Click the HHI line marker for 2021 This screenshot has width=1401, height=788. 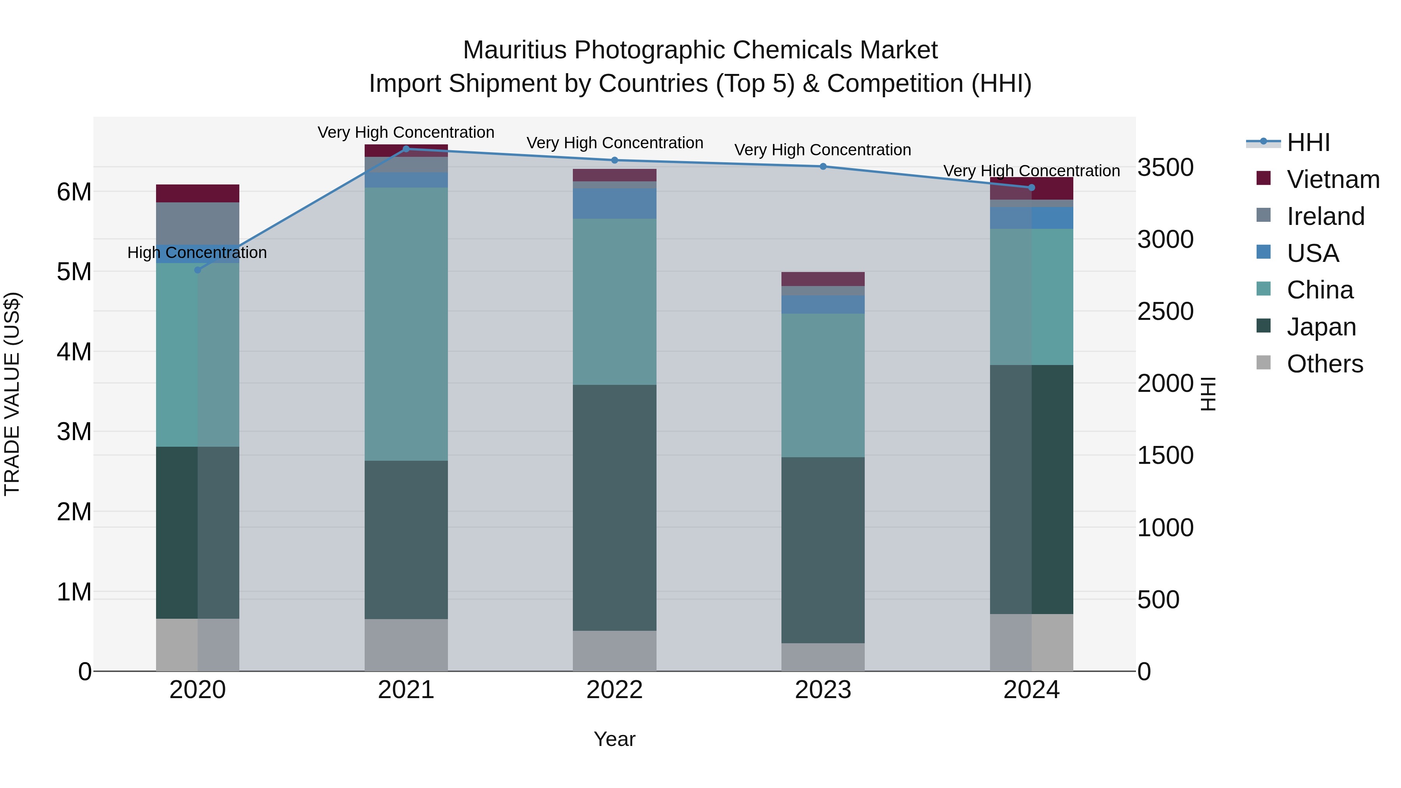(x=406, y=149)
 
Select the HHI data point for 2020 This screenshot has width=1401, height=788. (x=197, y=270)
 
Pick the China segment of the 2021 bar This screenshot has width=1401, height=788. (x=406, y=324)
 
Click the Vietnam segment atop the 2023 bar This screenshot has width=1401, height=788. (x=823, y=279)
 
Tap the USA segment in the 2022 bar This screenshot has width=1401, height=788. (x=614, y=204)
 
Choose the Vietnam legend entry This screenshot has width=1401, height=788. (x=1333, y=179)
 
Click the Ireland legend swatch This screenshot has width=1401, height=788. (x=1263, y=215)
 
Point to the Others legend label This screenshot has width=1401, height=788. (x=1325, y=364)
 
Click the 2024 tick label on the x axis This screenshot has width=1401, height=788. (x=1031, y=690)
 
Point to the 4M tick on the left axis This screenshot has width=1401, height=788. (x=74, y=352)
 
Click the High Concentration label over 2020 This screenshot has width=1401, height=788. (x=197, y=253)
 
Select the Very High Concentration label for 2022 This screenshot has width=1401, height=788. (x=614, y=143)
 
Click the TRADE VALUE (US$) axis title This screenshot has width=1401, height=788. (x=12, y=394)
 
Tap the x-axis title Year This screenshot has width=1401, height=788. (x=614, y=739)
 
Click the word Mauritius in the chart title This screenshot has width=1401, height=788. (x=514, y=50)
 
